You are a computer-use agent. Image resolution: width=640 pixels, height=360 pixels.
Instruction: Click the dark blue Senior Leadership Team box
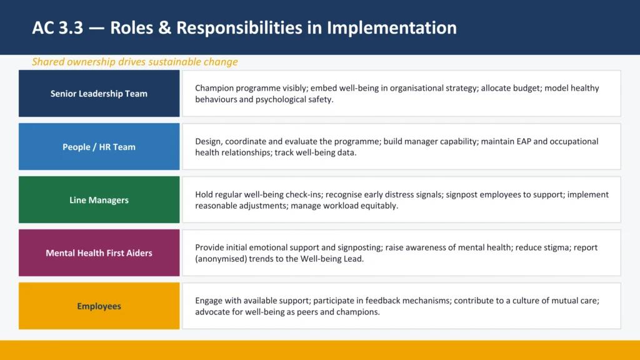(99, 94)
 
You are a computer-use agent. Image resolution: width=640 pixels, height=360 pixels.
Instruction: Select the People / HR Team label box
(99, 147)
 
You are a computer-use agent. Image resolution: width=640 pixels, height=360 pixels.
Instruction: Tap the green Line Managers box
(99, 200)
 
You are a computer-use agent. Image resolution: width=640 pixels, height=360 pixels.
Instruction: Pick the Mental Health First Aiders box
(99, 253)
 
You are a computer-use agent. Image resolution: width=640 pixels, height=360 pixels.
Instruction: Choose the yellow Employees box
(99, 306)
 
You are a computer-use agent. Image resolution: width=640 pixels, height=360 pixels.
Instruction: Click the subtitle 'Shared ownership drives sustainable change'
(134, 62)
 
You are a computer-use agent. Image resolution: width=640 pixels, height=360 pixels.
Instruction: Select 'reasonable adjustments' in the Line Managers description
(241, 206)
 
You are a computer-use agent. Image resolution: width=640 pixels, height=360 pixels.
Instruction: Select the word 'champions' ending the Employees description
(357, 312)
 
